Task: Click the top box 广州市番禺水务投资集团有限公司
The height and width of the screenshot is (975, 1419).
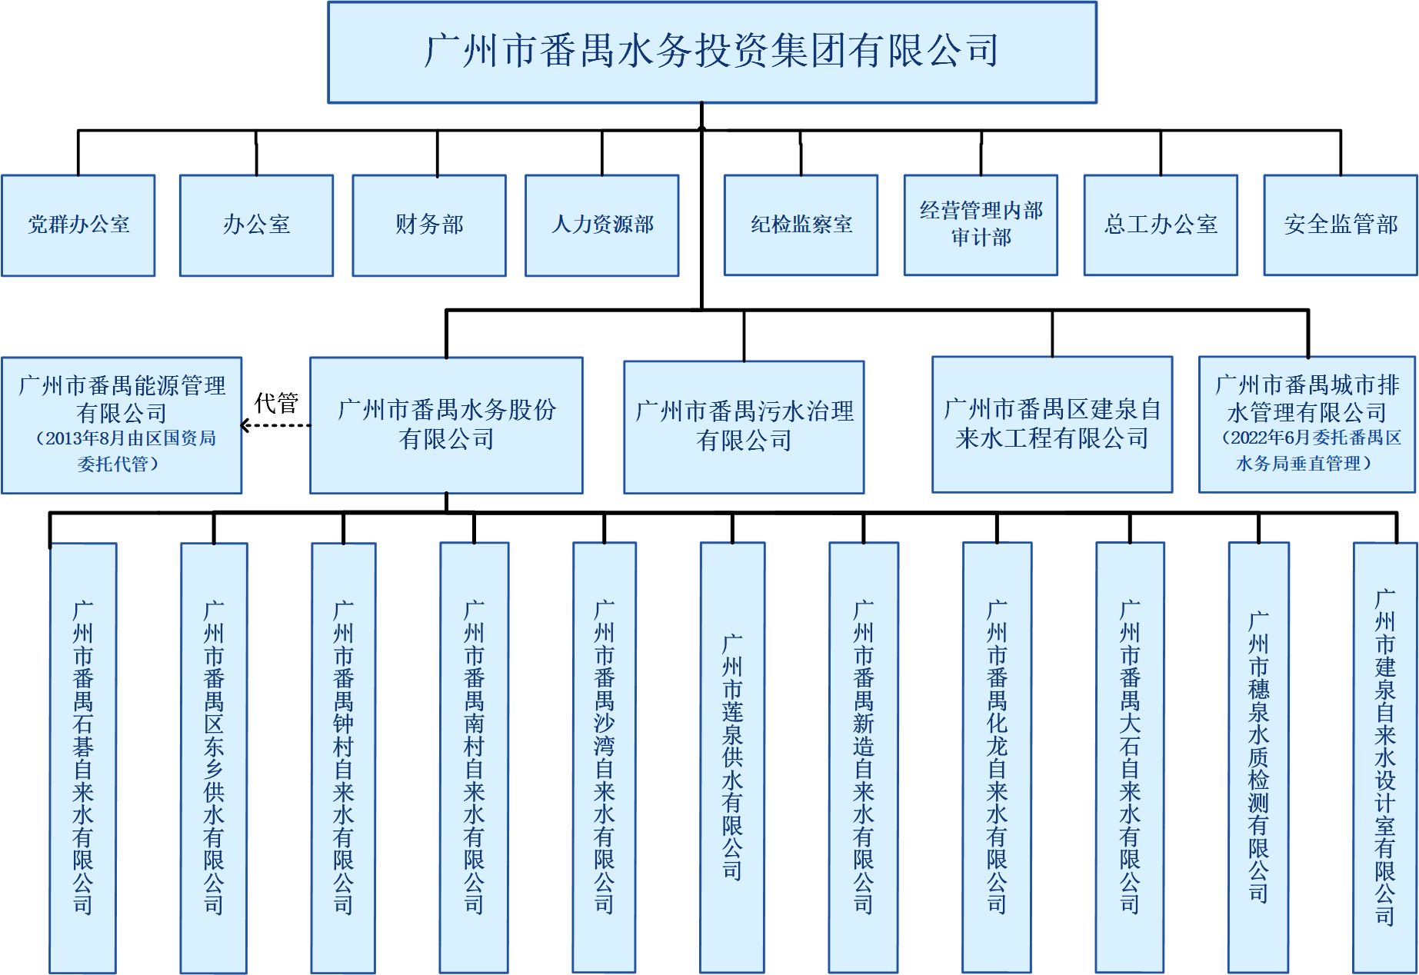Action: click(x=711, y=52)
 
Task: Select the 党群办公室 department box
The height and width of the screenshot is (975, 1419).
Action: click(x=78, y=225)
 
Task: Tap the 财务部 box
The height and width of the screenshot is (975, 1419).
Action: click(x=429, y=225)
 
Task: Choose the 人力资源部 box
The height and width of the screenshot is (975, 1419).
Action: click(x=602, y=225)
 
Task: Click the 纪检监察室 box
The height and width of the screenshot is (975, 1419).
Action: click(x=801, y=225)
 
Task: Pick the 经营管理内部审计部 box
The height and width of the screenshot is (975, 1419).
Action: click(x=981, y=224)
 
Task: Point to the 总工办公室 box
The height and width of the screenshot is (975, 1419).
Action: click(x=1161, y=225)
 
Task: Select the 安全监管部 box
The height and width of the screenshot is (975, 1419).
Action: click(x=1341, y=225)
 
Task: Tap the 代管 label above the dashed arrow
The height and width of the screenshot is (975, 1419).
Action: click(x=276, y=403)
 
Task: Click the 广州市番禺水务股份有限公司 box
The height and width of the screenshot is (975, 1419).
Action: click(x=446, y=424)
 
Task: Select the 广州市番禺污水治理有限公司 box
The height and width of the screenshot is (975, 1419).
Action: click(x=744, y=426)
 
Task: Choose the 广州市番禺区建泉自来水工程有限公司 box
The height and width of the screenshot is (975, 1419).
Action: click(x=1052, y=424)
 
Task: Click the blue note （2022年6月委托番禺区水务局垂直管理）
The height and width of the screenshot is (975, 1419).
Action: click(x=1307, y=451)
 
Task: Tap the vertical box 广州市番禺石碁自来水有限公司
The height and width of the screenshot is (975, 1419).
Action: click(x=83, y=757)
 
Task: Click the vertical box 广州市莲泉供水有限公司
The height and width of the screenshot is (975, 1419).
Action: click(x=732, y=757)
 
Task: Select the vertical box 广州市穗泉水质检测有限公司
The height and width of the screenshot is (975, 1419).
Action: click(x=1258, y=757)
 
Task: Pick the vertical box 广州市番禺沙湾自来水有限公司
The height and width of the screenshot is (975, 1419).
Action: click(x=604, y=757)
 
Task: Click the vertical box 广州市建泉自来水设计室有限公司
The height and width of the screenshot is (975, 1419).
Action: click(x=1384, y=757)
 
